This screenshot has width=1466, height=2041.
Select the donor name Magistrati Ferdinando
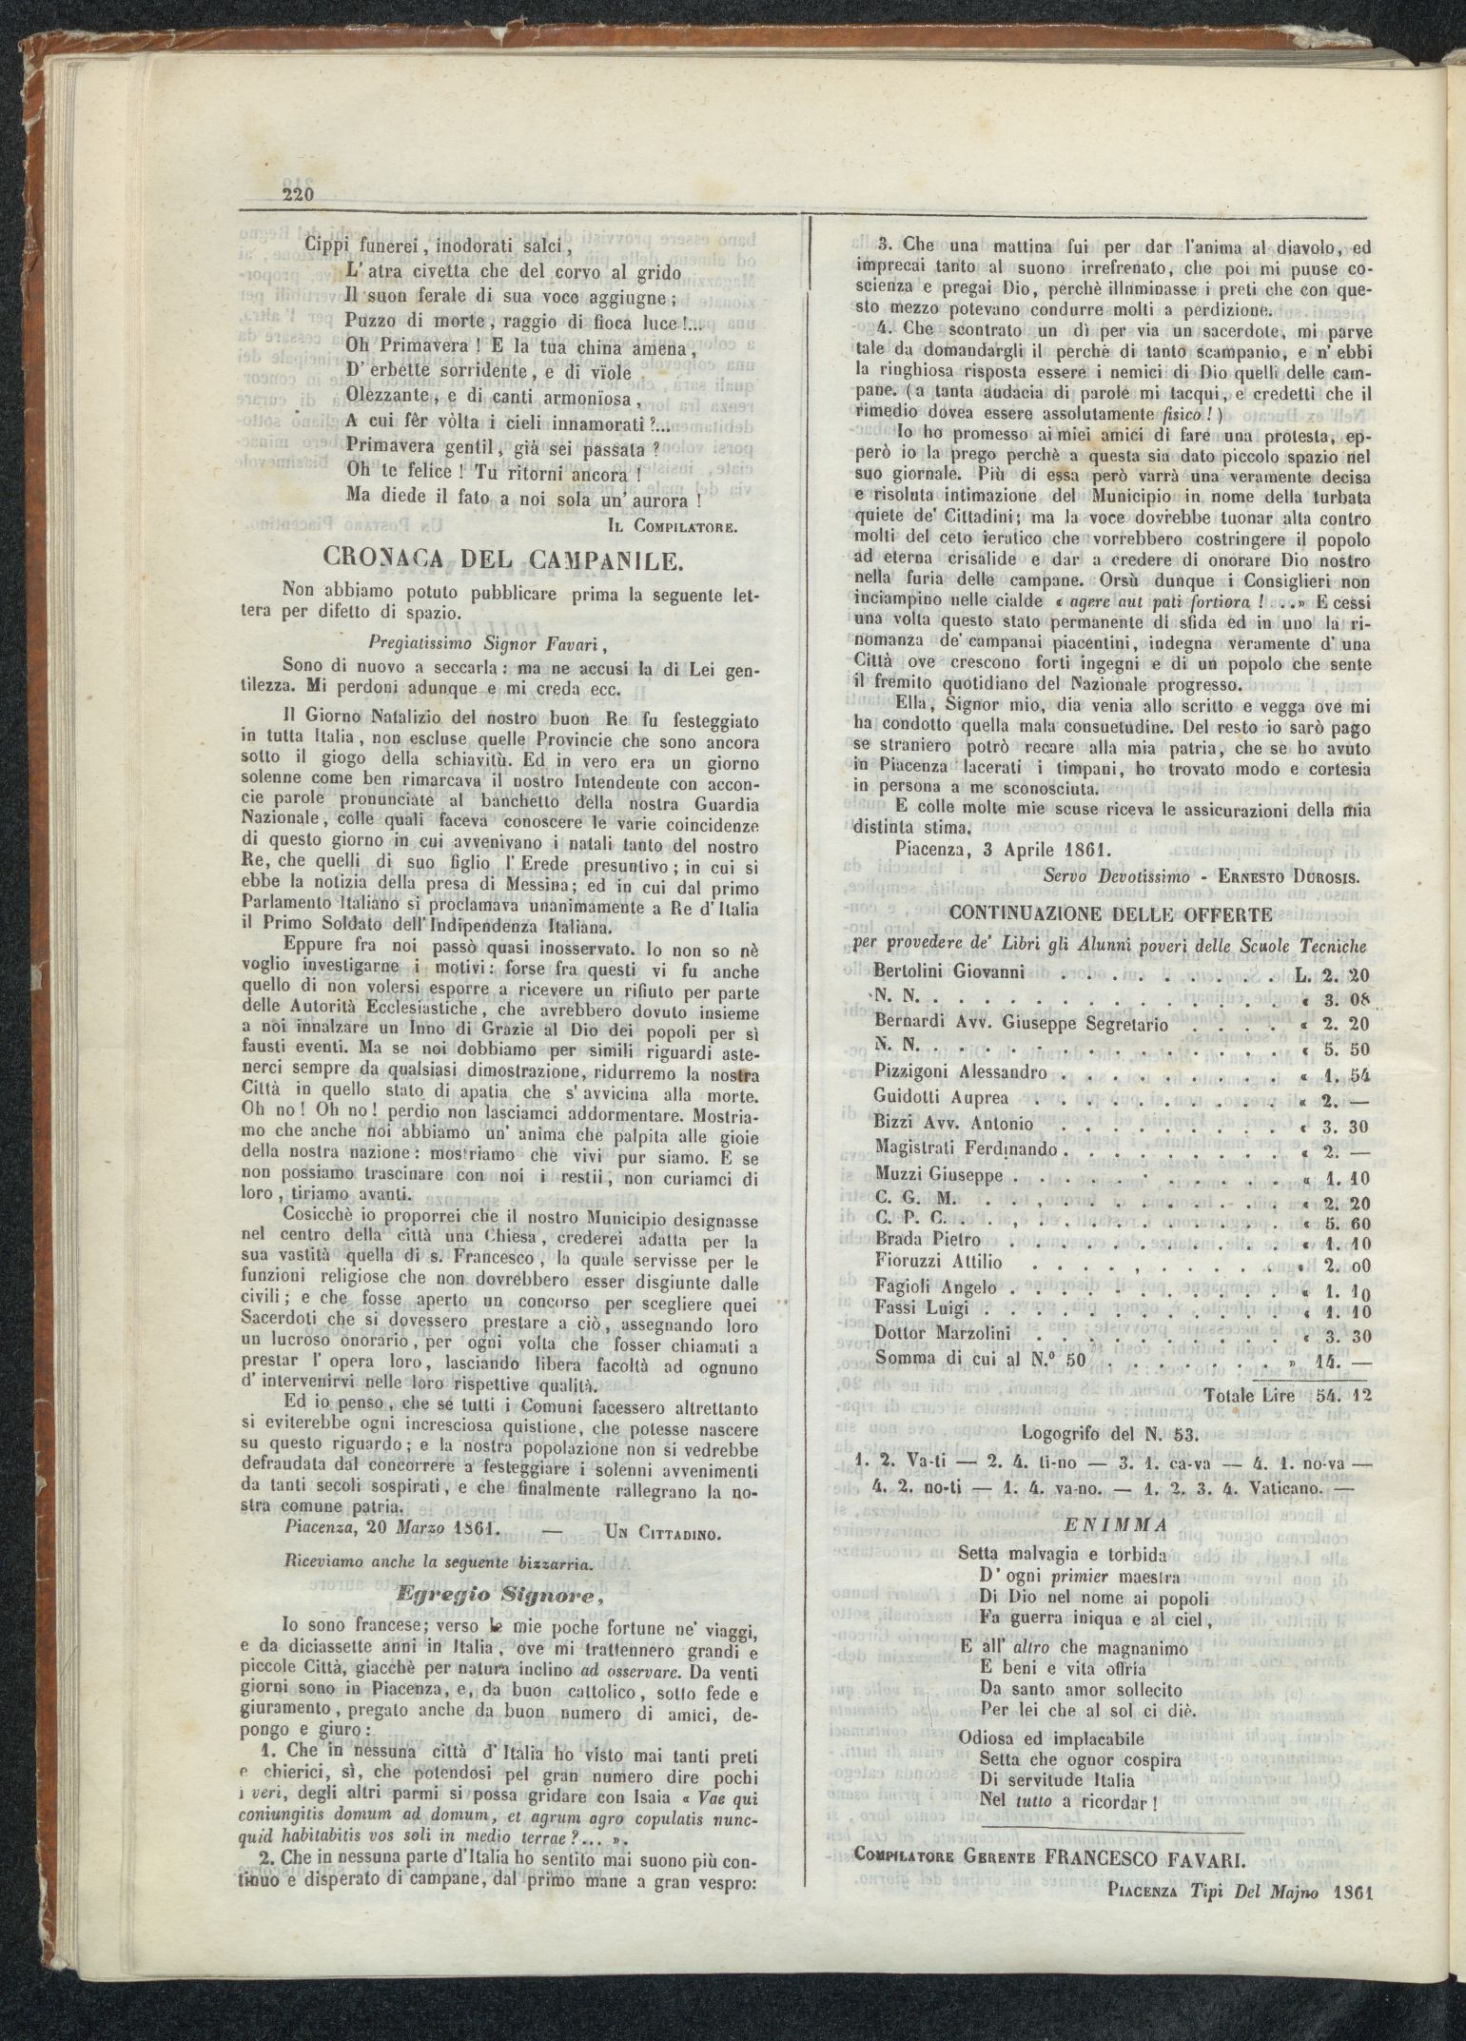click(966, 1149)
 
